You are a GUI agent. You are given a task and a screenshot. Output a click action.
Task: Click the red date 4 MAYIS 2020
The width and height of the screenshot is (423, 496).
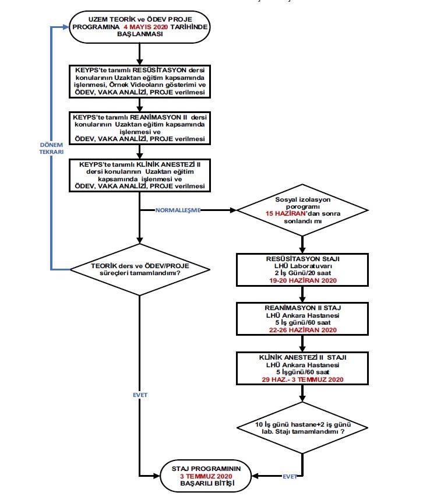(146, 27)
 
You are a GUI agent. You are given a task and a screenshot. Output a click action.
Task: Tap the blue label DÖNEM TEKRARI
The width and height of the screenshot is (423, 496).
(51, 149)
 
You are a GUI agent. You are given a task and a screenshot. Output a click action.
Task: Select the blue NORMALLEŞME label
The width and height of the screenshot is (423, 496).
(178, 210)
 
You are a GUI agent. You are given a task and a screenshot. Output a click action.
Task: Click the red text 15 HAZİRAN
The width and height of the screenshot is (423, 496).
(286, 213)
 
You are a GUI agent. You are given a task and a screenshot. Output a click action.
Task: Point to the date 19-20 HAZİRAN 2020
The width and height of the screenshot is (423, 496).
(303, 280)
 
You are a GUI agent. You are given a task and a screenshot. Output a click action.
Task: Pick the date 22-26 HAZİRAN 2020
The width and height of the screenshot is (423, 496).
(303, 330)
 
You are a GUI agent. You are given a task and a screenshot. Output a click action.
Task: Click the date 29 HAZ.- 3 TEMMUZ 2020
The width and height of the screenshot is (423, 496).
(302, 379)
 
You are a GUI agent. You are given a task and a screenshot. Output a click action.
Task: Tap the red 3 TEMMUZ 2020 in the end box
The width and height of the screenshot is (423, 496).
(206, 476)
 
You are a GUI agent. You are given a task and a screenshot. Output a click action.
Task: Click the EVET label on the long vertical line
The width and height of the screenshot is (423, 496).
(140, 395)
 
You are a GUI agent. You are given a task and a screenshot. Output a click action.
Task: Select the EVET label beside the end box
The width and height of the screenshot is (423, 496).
(290, 476)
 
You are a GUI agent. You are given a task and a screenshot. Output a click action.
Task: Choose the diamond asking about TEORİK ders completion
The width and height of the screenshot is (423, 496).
(140, 269)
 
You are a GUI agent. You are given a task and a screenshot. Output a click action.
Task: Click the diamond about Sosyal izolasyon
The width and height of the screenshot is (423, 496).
(302, 210)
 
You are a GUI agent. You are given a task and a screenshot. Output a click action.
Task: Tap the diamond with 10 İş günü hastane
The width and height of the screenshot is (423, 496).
(302, 428)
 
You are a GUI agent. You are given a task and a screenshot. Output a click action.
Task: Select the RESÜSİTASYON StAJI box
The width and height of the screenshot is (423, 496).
(302, 270)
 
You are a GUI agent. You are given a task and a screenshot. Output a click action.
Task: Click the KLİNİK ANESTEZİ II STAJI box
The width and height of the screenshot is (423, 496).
(302, 368)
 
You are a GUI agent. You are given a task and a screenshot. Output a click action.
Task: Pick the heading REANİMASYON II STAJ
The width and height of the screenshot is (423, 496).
(303, 308)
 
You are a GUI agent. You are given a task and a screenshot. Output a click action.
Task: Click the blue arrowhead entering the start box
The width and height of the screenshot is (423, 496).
(66, 27)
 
